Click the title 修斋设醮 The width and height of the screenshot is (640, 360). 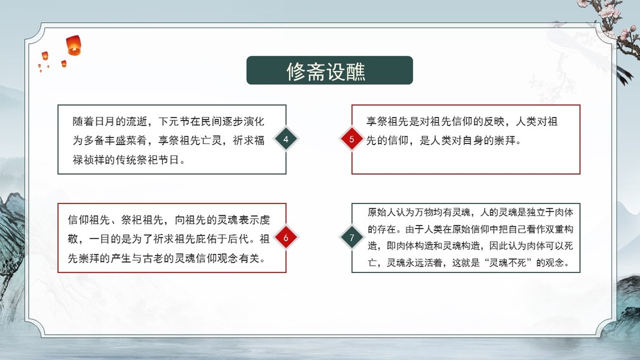pyautogui.click(x=326, y=71)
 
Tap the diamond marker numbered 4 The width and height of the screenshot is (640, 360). pyautogui.click(x=286, y=139)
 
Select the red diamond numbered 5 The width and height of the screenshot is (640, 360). pyautogui.click(x=351, y=139)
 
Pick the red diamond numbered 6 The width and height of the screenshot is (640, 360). pyautogui.click(x=286, y=238)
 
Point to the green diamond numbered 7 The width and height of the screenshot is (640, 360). pyautogui.click(x=351, y=238)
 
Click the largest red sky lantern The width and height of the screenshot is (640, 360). pyautogui.click(x=74, y=45)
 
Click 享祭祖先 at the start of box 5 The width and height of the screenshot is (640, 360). pyautogui.click(x=387, y=121)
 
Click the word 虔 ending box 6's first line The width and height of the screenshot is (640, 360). pyautogui.click(x=265, y=220)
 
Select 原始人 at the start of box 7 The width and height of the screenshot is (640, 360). pyautogui.click(x=381, y=212)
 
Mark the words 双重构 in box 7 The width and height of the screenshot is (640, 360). pyautogui.click(x=559, y=229)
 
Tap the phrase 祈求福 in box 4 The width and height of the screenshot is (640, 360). pyautogui.click(x=248, y=140)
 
